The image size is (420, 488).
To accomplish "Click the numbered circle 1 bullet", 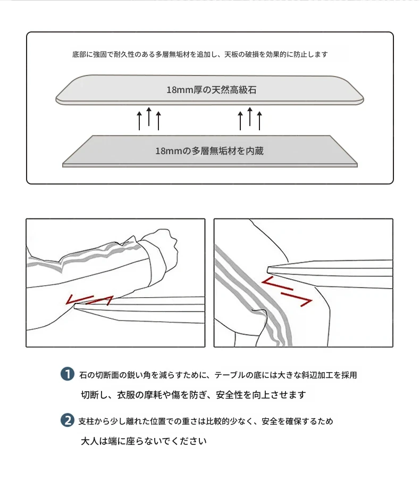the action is (x=67, y=374).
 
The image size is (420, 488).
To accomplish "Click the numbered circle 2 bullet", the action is (x=67, y=420).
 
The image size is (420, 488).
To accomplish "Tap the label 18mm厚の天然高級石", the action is (x=212, y=90).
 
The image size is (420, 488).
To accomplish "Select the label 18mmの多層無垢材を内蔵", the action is (x=209, y=151).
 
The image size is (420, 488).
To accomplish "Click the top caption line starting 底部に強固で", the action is (x=200, y=54).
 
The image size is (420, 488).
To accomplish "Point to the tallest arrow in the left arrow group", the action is (x=149, y=117).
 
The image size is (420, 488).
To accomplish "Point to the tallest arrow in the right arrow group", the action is (x=250, y=117).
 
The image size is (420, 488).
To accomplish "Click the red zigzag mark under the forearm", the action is (x=89, y=300).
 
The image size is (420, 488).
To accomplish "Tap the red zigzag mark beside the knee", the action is (x=287, y=292).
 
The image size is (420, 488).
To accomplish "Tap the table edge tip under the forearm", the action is (x=75, y=306).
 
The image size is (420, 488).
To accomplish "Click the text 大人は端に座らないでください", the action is (x=144, y=441).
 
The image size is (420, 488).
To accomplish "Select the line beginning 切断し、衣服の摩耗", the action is (x=194, y=394).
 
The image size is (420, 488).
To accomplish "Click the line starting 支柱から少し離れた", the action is (x=206, y=421).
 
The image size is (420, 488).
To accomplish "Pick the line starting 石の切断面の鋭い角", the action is (x=218, y=375).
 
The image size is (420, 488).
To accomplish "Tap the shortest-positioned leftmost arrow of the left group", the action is (x=139, y=121).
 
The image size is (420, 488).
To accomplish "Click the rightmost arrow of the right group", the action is (x=259, y=121).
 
